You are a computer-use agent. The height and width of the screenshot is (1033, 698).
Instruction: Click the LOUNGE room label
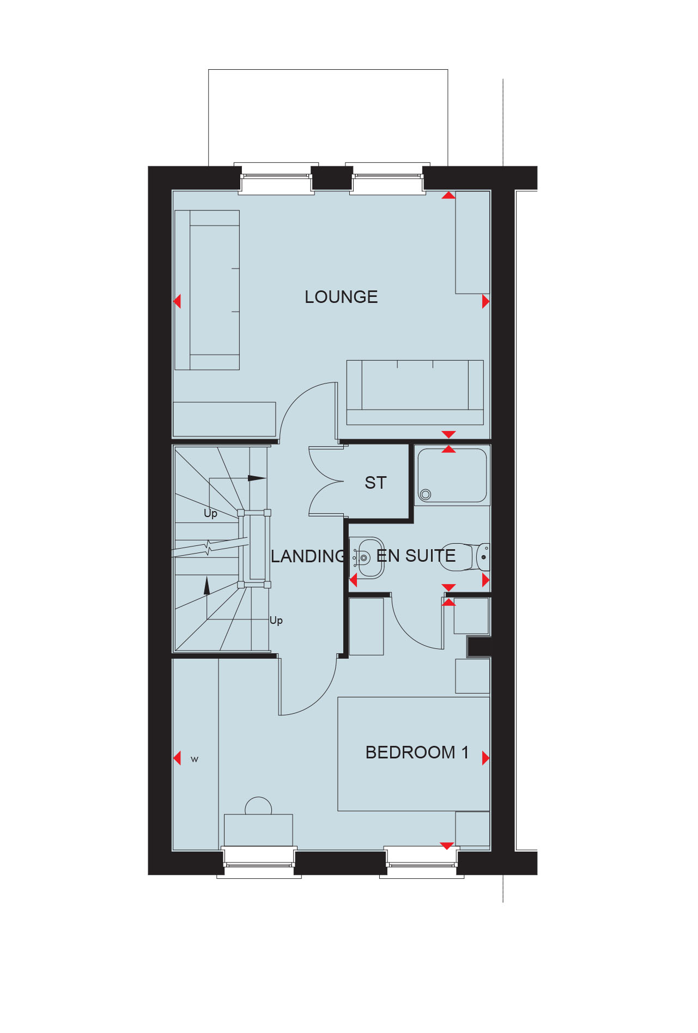[341, 297]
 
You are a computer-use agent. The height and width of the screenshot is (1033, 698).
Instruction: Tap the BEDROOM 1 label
[417, 752]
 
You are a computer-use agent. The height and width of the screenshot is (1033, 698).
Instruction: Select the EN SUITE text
[416, 556]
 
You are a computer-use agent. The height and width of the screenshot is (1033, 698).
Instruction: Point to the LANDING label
[308, 556]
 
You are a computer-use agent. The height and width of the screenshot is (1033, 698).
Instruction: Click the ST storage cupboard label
[375, 483]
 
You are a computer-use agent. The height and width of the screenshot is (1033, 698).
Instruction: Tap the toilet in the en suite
[465, 556]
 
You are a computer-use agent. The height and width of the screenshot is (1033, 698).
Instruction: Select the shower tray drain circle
[426, 494]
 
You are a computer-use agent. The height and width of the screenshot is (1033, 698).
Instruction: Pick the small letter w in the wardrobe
[195, 759]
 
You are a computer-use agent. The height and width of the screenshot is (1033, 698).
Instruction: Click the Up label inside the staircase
[210, 513]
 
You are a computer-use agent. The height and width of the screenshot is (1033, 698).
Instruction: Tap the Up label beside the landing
[276, 621]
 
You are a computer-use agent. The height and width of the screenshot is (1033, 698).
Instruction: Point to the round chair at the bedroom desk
[258, 806]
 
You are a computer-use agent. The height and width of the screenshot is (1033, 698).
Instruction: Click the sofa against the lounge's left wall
[207, 290]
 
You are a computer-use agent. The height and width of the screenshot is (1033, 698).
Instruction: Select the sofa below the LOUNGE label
[415, 392]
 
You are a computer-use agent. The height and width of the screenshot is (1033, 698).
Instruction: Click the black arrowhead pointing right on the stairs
[257, 478]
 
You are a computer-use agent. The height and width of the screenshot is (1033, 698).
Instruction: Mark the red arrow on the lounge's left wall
[177, 301]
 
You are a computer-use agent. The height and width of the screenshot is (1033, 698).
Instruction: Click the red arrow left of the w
[177, 758]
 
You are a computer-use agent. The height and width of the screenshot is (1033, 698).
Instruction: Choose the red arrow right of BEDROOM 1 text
[486, 758]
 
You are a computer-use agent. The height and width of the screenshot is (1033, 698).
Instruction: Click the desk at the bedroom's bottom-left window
[258, 830]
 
